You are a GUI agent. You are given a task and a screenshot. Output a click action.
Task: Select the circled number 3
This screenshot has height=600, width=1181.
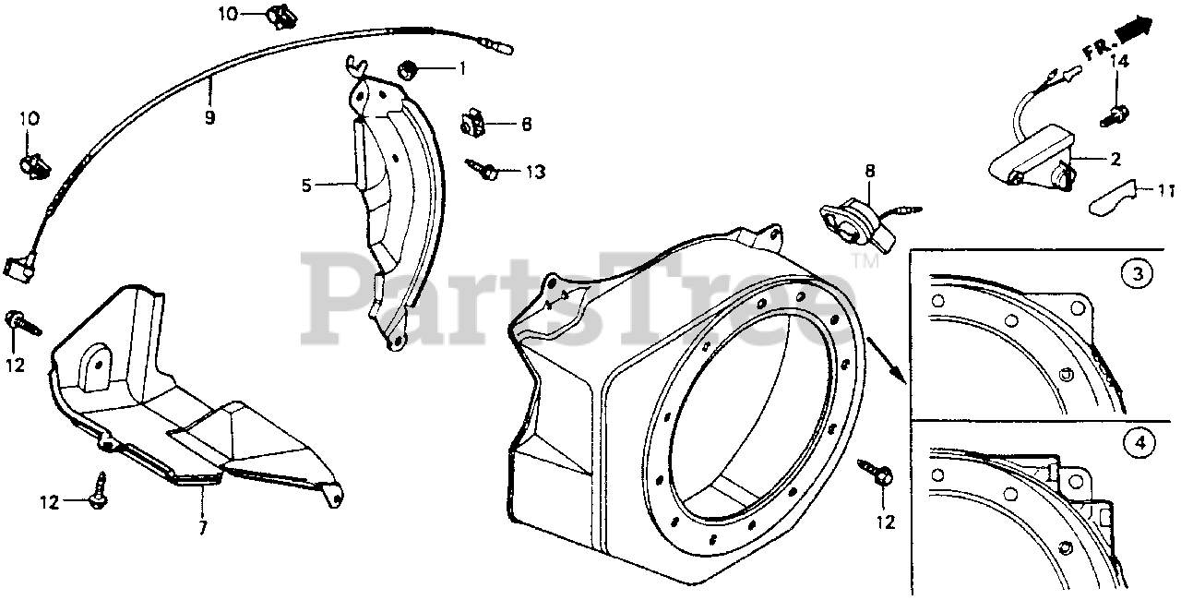1139,274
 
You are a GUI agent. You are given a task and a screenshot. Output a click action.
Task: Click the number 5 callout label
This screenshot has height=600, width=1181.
306,186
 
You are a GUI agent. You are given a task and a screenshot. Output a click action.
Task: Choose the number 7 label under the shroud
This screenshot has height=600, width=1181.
202,528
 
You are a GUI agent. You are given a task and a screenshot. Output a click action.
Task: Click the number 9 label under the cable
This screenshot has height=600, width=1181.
209,118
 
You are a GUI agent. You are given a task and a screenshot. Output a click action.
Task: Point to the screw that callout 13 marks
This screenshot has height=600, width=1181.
484,170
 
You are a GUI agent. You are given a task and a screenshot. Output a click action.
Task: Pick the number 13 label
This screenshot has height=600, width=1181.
534,172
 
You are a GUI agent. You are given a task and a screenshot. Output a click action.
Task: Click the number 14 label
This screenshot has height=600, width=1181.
1119,62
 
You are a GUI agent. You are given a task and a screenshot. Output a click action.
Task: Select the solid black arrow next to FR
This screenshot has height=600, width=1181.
1135,30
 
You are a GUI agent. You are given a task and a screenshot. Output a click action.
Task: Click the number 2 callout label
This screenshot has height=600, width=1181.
1115,160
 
